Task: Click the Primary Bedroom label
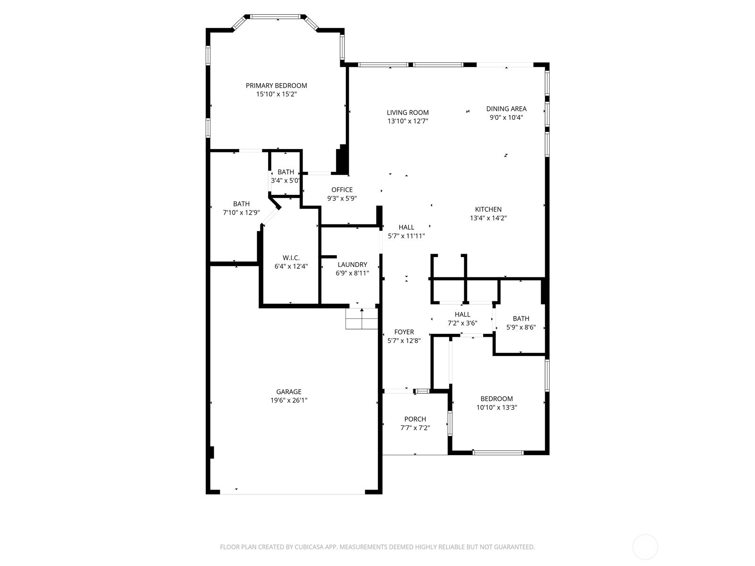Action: (x=276, y=85)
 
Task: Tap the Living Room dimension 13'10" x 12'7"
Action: (x=408, y=121)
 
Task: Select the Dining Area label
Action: (x=506, y=109)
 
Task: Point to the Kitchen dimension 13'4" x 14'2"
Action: (x=488, y=218)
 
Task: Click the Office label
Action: (x=342, y=190)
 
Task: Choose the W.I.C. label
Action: (x=291, y=258)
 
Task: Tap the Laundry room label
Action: (x=352, y=265)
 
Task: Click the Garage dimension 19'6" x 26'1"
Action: (x=289, y=400)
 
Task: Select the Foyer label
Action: (x=404, y=332)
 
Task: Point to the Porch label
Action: (x=415, y=419)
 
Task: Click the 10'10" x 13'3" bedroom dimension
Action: (x=496, y=408)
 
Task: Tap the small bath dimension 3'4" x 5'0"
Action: (x=285, y=181)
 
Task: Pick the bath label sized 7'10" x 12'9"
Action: (x=241, y=204)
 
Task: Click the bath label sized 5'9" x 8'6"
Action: (x=521, y=318)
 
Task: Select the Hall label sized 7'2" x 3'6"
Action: (x=462, y=315)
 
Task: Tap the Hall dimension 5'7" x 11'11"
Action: (x=406, y=236)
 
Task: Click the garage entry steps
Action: (x=362, y=318)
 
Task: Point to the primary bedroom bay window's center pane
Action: (x=276, y=17)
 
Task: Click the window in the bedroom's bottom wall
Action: (x=498, y=453)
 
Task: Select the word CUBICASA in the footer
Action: (x=310, y=547)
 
